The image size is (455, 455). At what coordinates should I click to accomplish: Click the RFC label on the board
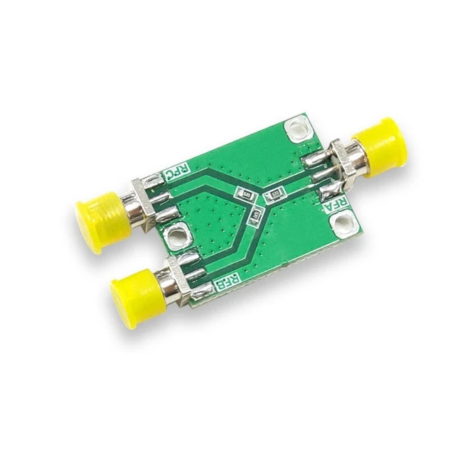(x=177, y=172)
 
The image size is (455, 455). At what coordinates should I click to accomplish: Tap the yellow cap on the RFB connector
(x=133, y=292)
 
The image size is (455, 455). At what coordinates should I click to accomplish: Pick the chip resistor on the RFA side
(x=274, y=192)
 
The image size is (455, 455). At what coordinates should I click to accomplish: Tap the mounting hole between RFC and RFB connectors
(x=176, y=235)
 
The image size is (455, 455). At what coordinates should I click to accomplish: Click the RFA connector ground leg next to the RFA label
(x=329, y=191)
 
